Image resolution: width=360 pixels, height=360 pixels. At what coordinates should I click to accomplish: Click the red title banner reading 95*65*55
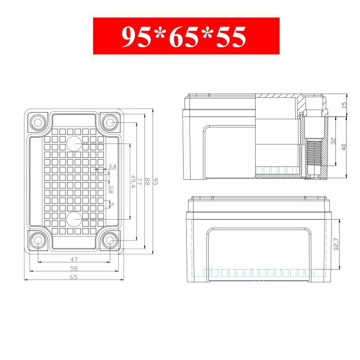(186, 36)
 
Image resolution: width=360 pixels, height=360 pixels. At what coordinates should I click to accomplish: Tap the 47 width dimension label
(74, 260)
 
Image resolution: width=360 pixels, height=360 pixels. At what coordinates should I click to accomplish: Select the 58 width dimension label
(74, 268)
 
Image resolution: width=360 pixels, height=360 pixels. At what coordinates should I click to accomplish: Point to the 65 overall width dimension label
(73, 277)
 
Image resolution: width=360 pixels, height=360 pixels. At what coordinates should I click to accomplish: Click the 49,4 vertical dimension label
(133, 181)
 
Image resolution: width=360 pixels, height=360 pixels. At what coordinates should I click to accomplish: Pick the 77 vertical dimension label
(139, 181)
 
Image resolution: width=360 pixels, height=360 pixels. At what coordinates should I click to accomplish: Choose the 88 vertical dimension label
(148, 181)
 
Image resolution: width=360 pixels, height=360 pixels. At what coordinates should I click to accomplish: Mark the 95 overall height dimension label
(155, 181)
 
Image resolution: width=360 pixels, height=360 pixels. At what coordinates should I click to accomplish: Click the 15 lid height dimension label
(344, 105)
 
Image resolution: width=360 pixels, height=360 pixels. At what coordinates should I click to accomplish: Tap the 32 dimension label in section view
(333, 141)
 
